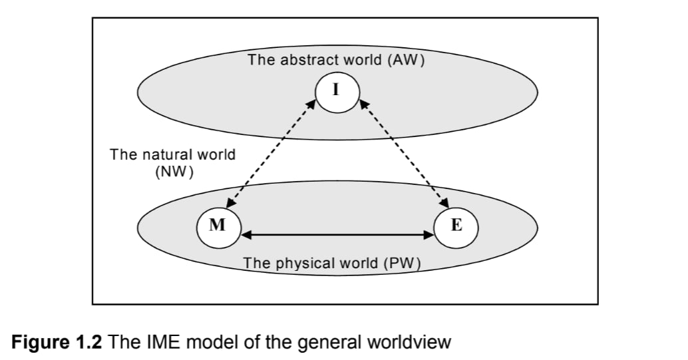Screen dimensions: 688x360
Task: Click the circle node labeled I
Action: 337,91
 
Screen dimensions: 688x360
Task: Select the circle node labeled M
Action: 218,226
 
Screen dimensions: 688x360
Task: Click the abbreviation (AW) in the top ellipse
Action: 406,60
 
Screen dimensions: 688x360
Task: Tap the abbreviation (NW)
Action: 174,172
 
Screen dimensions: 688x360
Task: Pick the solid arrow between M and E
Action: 337,235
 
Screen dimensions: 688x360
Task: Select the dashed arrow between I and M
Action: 271,154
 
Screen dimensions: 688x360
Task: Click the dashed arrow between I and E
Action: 404,154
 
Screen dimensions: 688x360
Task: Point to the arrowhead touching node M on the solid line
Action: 246,235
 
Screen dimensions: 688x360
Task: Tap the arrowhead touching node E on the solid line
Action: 429,235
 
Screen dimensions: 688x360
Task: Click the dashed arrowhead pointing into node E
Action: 445,203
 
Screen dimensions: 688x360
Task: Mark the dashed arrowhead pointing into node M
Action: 230,203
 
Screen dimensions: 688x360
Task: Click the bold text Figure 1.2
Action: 56,341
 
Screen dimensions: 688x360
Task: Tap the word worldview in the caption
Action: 409,341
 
